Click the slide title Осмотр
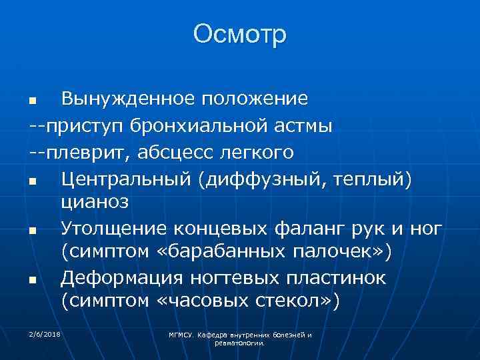click(240, 33)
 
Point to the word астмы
click(295, 125)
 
